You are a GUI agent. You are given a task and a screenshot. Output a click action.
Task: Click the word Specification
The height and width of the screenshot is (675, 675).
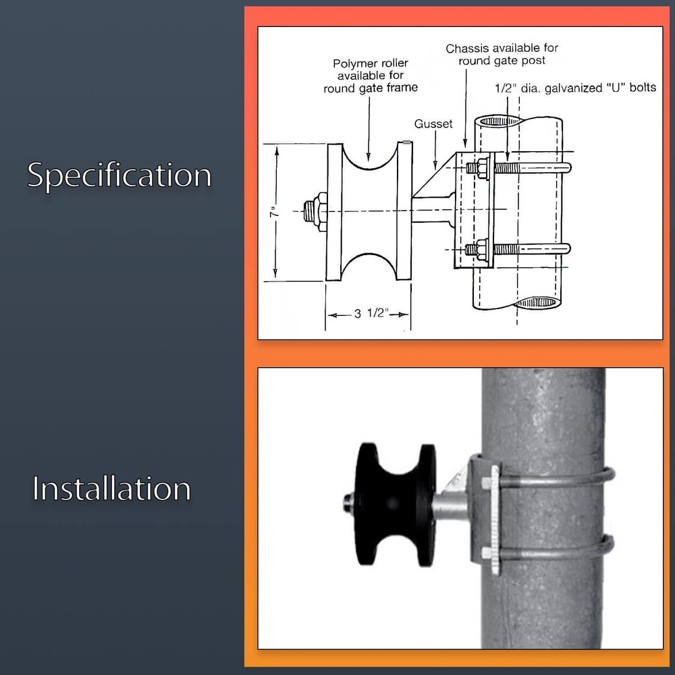119,175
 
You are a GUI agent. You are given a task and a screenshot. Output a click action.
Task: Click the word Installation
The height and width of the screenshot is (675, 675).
111,488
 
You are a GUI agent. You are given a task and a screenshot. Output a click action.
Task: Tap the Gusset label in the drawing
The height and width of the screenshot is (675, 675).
433,124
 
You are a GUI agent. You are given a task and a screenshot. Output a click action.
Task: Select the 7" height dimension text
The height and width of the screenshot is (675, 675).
274,212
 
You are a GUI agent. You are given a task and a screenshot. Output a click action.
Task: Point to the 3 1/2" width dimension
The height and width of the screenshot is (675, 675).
371,313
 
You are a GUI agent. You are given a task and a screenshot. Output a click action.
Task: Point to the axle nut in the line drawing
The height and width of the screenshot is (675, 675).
318,212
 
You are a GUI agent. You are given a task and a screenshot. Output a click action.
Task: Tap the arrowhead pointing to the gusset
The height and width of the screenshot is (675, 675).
435,166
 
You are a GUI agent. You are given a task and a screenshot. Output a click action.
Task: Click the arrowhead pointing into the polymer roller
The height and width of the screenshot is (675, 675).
369,157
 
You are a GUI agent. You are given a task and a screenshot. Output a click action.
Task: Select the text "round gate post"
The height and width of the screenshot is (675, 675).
502,61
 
